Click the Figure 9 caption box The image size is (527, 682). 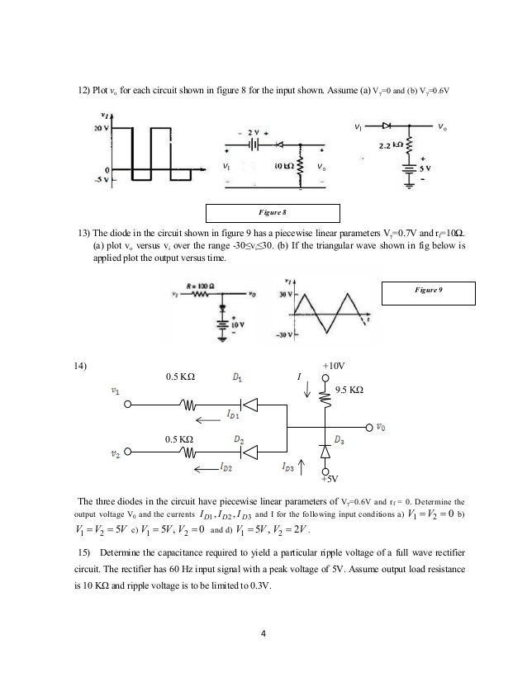click(430, 291)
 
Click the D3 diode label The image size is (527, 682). click(340, 438)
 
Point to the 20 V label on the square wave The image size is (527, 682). click(100, 130)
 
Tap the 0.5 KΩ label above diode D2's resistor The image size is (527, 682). click(181, 438)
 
